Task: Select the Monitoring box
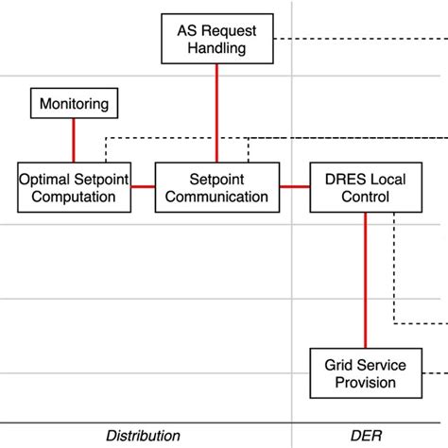pos(74,103)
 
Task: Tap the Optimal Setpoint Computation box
pos(74,186)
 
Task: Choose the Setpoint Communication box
pos(216,186)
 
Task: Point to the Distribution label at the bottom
pos(143,436)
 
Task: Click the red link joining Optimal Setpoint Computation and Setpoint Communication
pos(142,186)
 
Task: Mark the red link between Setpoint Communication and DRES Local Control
pos(295,186)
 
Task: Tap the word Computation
pos(74,197)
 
